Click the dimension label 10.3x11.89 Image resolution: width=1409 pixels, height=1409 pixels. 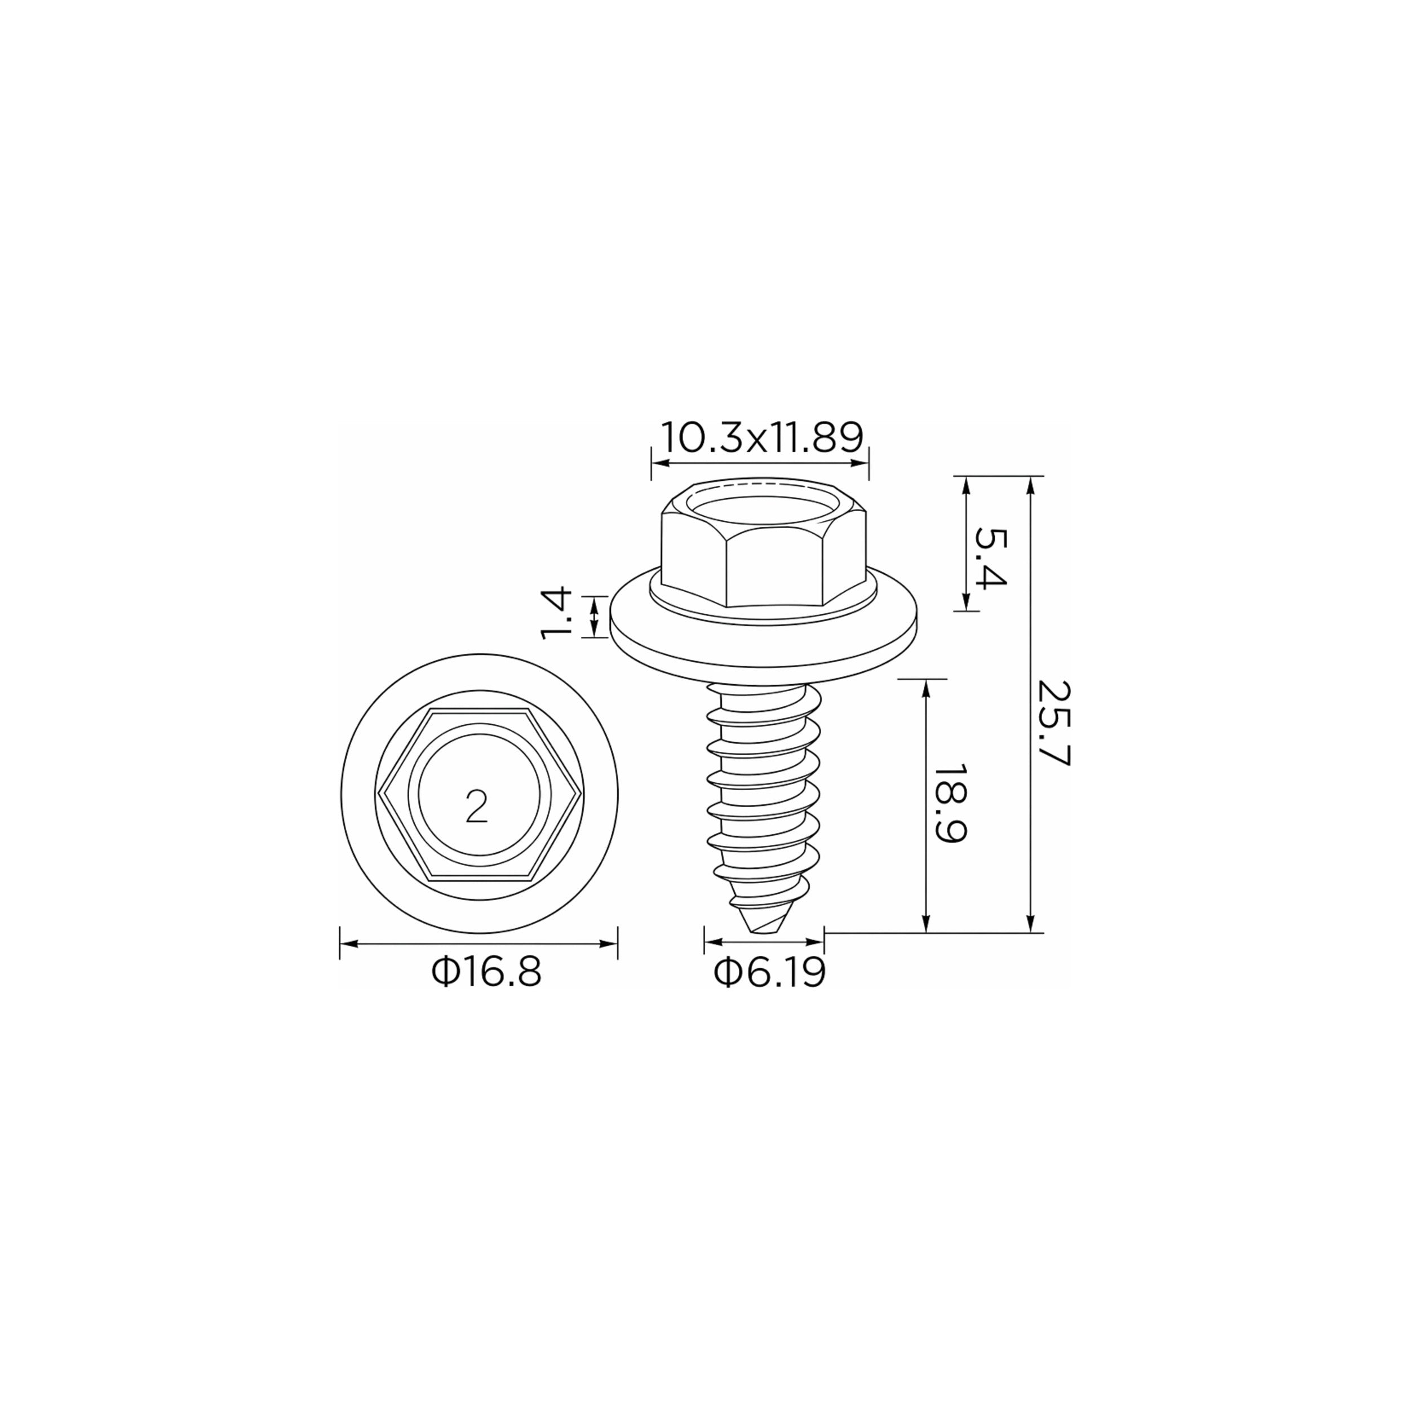[762, 437]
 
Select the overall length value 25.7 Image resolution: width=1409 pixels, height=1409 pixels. [1053, 723]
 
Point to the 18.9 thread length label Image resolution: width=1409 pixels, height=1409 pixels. [950, 803]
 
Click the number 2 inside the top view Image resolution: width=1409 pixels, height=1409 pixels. [476, 807]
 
